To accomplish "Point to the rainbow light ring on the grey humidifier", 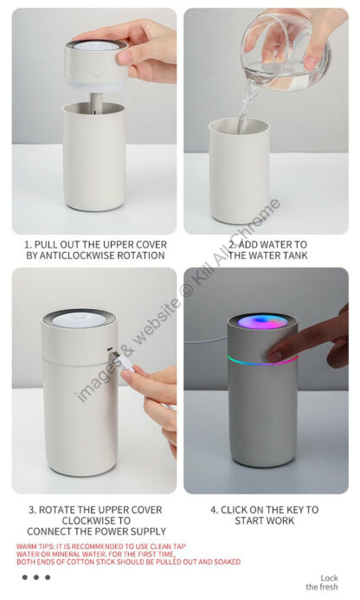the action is click(x=262, y=361).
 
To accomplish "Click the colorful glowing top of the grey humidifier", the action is click(x=262, y=321).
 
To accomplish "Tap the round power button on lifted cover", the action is click(x=97, y=73).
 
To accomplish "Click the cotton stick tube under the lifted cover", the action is click(x=96, y=102).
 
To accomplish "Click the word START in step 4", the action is click(x=249, y=521).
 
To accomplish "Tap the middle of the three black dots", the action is click(x=36, y=577).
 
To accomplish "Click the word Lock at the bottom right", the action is click(x=329, y=578).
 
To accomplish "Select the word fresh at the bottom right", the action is click(x=329, y=587).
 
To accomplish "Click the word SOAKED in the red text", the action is click(x=228, y=562).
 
